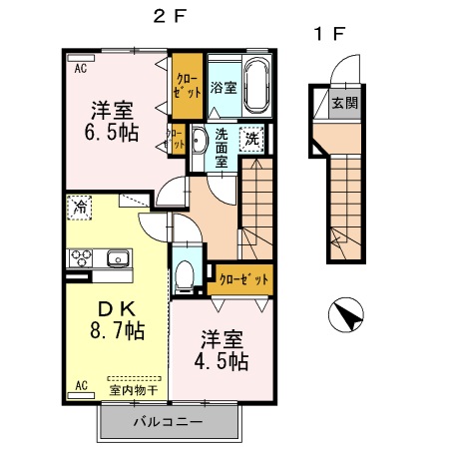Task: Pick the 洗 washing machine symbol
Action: (x=254, y=139)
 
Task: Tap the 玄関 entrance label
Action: (x=345, y=103)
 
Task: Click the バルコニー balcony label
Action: (x=169, y=422)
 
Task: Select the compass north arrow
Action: (x=345, y=317)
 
